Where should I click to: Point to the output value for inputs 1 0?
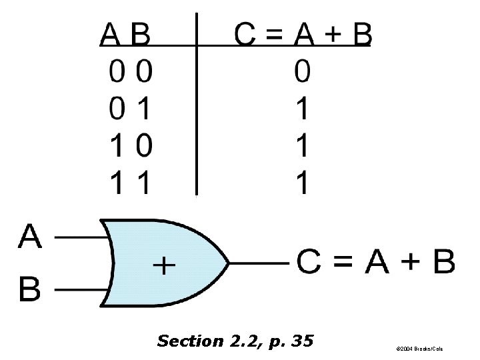pos(302,144)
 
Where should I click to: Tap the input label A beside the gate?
pos(31,236)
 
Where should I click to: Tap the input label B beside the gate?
pos(30,290)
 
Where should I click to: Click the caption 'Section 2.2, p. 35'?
pos(235,341)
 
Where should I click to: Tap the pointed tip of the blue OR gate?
pos(229,263)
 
